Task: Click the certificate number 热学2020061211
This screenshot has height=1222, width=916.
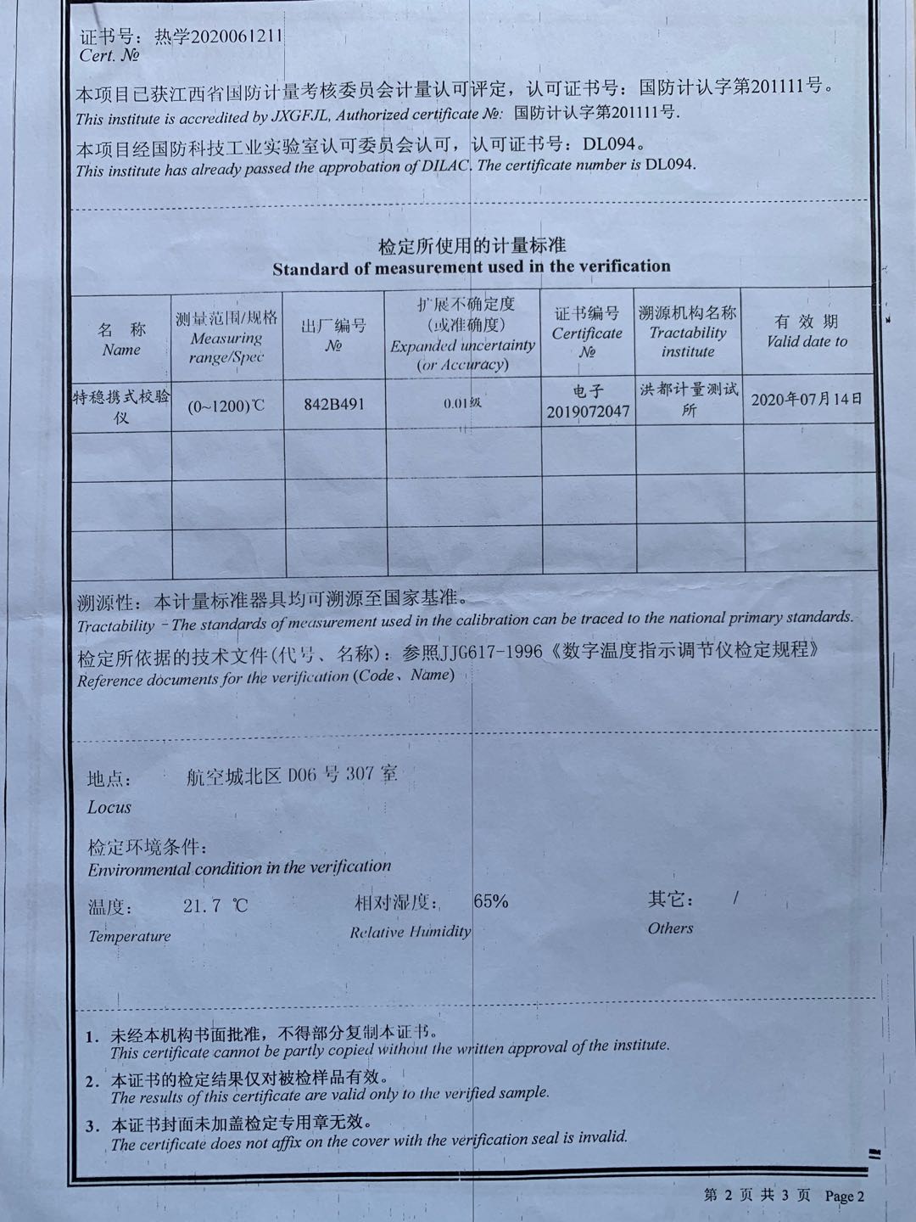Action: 218,36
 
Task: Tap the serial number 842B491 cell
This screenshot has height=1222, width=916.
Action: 334,404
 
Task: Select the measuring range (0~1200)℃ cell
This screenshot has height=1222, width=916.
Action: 226,406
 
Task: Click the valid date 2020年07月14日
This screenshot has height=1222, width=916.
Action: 807,399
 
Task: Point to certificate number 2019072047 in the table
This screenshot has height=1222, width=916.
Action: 588,412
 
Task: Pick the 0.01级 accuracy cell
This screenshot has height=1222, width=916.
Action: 462,402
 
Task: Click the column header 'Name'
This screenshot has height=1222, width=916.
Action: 121,350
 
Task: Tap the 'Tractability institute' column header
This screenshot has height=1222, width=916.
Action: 688,342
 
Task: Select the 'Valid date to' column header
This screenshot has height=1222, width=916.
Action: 807,341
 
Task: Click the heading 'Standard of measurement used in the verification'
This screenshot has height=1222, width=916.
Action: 472,267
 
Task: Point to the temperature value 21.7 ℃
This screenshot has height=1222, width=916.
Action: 215,905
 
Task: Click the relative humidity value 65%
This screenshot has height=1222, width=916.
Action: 491,901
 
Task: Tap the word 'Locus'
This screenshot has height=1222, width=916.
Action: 109,807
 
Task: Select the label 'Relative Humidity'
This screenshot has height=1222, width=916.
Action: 410,932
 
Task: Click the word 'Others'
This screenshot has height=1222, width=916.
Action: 670,928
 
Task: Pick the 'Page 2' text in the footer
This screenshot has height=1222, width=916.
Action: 844,1197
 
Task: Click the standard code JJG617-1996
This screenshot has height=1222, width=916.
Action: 482,652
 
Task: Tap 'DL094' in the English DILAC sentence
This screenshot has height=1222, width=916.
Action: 669,164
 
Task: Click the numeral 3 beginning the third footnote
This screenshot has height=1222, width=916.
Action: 92,1126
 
